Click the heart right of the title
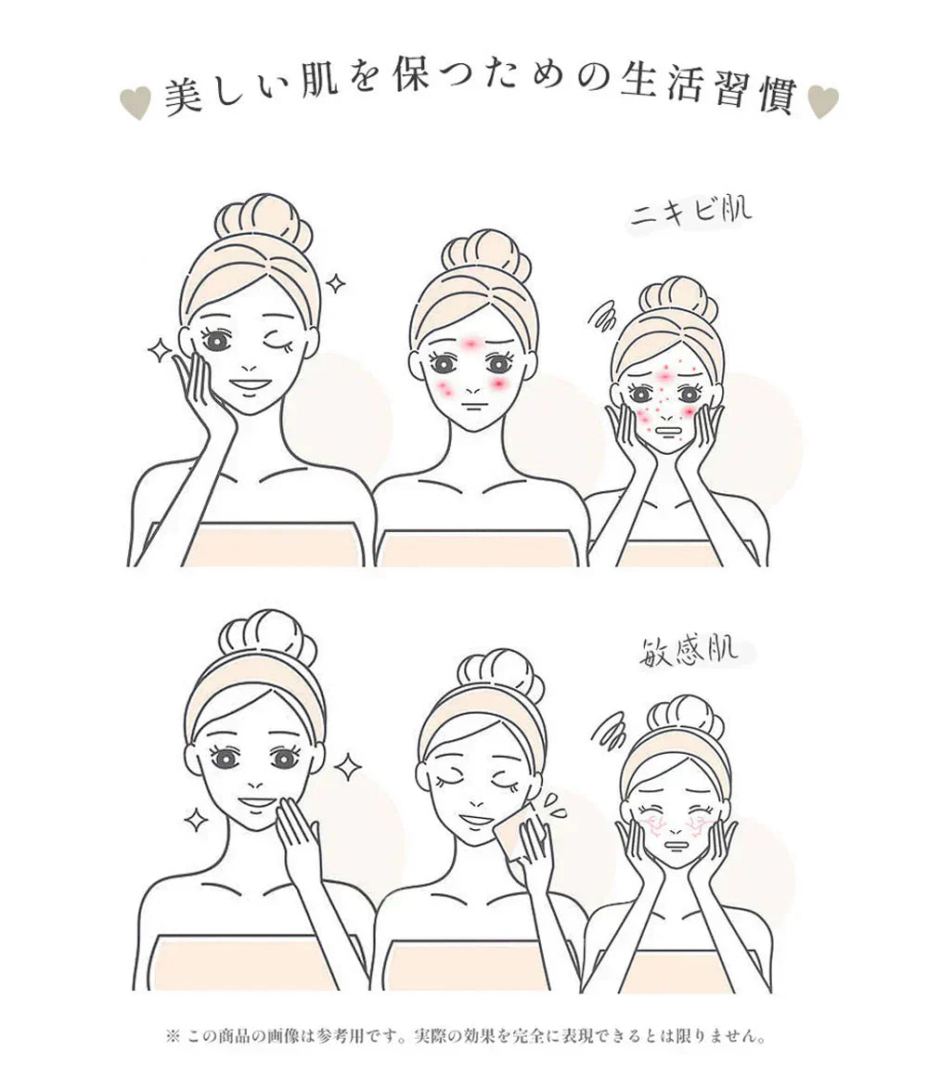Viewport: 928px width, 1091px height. [x=822, y=102]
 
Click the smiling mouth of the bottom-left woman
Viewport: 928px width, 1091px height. [x=257, y=801]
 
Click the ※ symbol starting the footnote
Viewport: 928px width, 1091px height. [x=171, y=1035]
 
